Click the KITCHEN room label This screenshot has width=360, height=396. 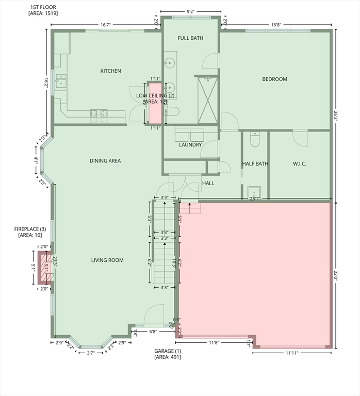[110, 71]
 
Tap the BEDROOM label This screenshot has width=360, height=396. [274, 79]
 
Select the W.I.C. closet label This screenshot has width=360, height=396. [299, 164]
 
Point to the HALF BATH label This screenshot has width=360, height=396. [255, 164]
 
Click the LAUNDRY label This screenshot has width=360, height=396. [190, 145]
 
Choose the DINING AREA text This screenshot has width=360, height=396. [105, 161]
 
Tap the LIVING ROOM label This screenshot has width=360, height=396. [107, 260]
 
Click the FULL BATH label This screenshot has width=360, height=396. [190, 38]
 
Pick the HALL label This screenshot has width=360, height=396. [208, 183]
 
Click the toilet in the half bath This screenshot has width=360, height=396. [255, 140]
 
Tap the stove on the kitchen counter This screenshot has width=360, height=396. [99, 113]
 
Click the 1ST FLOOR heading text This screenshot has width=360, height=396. [43, 7]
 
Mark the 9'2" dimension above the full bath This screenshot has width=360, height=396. [190, 11]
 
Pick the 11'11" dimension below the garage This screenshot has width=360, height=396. [291, 353]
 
